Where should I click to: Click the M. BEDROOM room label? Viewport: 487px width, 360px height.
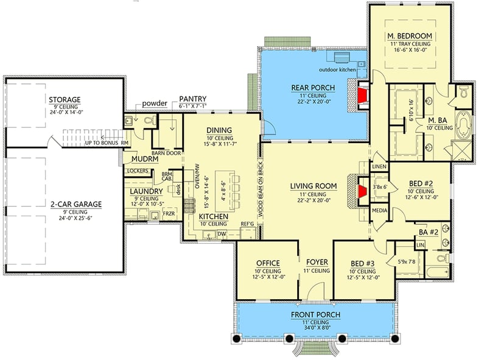click(x=409, y=37)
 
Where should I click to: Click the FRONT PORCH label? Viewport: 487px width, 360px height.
click(x=315, y=314)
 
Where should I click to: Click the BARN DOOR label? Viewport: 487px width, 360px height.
click(x=167, y=154)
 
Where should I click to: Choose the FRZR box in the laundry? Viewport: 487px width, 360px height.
click(x=169, y=214)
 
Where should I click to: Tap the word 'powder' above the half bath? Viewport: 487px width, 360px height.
click(x=155, y=104)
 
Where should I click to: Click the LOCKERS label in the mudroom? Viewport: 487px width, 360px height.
click(x=138, y=171)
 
